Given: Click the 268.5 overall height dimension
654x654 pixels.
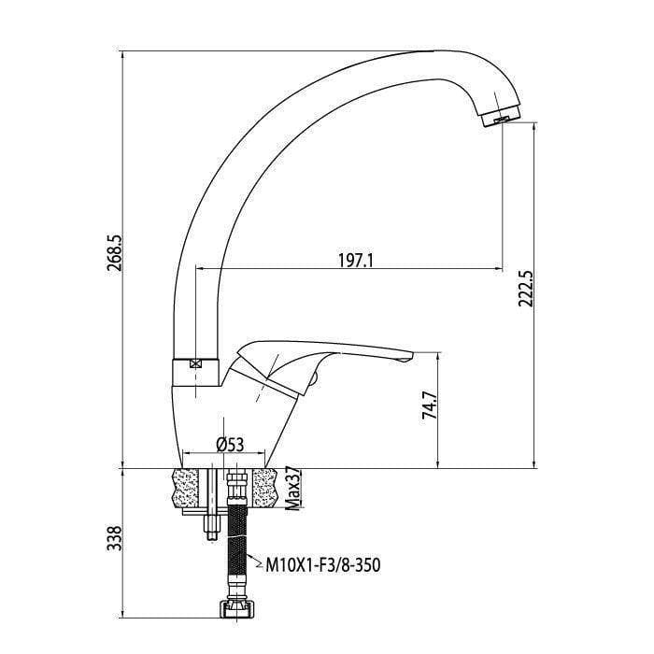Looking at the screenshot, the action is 114,253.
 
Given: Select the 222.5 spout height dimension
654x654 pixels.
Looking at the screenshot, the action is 525,289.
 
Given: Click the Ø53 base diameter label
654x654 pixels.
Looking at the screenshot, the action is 230,444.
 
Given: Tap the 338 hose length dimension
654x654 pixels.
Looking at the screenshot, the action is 114,538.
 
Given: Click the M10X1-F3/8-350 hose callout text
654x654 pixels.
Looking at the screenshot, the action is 323,565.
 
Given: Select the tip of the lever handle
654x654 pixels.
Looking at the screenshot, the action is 406,357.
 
